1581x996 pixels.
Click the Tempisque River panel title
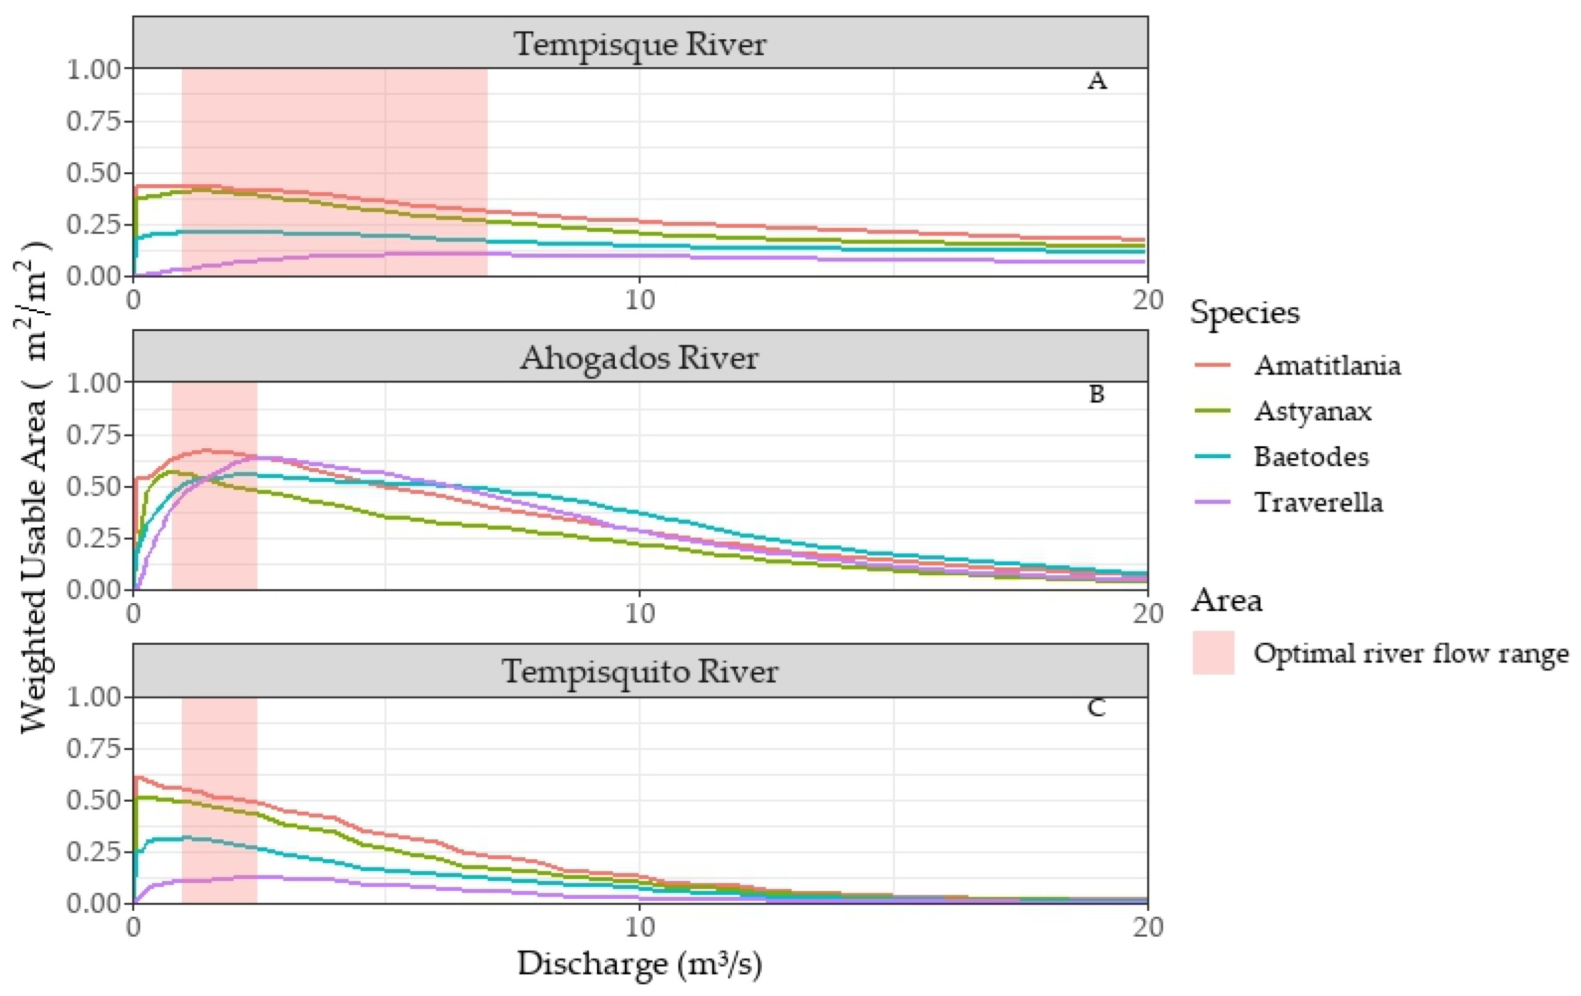pos(640,44)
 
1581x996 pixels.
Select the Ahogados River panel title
pos(640,357)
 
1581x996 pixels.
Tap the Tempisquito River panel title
pos(640,671)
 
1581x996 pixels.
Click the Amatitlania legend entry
pos(1326,365)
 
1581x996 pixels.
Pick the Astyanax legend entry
pos(1312,411)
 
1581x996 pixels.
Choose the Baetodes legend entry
pos(1311,457)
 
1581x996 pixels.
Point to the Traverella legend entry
pos(1317,502)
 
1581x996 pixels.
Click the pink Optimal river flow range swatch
pos(1213,653)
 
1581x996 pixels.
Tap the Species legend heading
pos(1244,312)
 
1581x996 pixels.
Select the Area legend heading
pos(1226,599)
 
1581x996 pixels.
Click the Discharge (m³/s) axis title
pos(640,964)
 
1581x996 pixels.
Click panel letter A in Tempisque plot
pos(1096,82)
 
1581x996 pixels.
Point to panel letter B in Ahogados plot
pos(1096,394)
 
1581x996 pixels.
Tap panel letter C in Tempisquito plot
pos(1096,708)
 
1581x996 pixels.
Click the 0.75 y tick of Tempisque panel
pos(94,121)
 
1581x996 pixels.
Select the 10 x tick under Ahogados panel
pos(640,614)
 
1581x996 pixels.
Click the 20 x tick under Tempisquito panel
pos(1147,927)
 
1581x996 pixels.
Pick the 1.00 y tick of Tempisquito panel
pos(94,697)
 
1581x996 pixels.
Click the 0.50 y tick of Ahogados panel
pos(94,487)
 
